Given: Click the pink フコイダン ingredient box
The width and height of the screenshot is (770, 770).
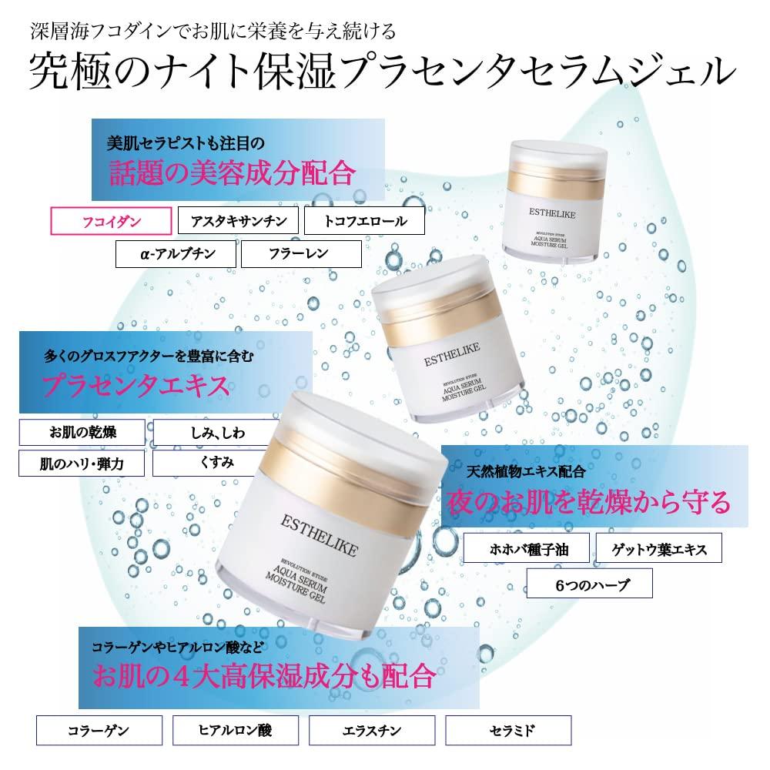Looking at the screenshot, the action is [x=111, y=221].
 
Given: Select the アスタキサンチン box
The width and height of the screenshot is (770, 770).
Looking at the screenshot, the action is [x=238, y=221].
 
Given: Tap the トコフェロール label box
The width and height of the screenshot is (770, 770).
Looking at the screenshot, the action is [x=364, y=221].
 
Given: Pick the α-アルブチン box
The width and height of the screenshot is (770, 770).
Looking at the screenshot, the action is [x=176, y=254].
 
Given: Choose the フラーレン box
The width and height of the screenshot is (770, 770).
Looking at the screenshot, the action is [x=302, y=254].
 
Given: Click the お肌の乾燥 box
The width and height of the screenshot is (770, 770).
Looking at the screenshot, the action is [x=82, y=432].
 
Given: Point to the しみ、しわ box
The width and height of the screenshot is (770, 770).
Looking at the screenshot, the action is [x=216, y=432].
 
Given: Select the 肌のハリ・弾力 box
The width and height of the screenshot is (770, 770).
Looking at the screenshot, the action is [x=82, y=463].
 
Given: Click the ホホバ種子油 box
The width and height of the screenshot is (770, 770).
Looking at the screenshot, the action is [x=527, y=548].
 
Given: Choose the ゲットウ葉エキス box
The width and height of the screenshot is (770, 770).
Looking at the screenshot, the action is [x=659, y=548].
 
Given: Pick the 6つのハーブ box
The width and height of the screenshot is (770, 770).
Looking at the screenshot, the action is [x=590, y=584].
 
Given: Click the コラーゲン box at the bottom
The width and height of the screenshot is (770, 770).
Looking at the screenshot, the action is [x=99, y=730].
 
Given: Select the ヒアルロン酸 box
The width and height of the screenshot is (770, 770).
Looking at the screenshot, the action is [x=236, y=730].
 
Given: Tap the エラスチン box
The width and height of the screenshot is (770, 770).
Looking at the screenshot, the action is [x=372, y=730].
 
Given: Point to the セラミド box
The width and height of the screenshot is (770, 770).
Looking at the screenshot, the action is [x=509, y=730].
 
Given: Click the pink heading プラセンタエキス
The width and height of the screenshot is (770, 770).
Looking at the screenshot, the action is [x=136, y=386].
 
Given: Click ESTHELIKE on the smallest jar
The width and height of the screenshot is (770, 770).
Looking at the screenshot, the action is [x=552, y=213].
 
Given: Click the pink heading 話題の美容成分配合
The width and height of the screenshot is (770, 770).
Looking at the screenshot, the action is [x=232, y=172].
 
